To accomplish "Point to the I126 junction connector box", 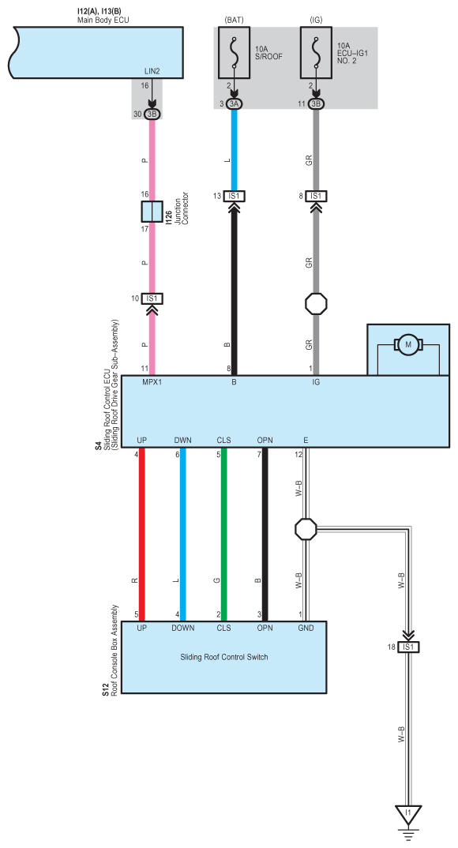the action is (x=152, y=212).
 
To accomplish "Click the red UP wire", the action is (x=142, y=535).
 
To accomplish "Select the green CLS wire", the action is (x=223, y=535).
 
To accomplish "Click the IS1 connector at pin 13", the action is (x=235, y=196).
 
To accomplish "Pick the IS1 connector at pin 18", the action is (x=408, y=647).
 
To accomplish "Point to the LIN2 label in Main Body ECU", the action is (x=152, y=71).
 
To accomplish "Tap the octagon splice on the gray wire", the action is (x=316, y=305).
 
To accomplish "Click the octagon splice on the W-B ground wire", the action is (x=306, y=529).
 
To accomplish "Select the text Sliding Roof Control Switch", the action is (x=223, y=657).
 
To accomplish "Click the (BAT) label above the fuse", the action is (x=235, y=20).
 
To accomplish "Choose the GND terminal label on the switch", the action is (x=306, y=628).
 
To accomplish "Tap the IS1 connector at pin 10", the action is (x=152, y=298).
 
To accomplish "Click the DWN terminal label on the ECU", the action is (x=182, y=441).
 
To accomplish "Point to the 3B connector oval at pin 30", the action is (x=152, y=114).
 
